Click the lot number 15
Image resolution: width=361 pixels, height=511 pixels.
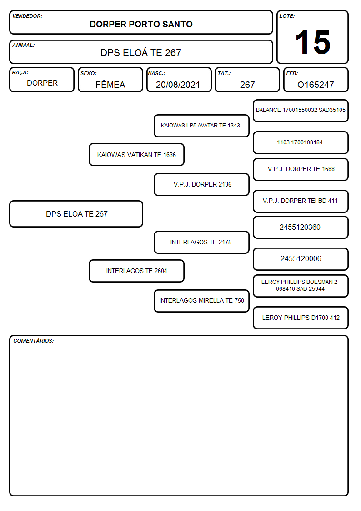(313, 42)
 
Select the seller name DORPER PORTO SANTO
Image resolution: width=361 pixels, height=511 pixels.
(141, 24)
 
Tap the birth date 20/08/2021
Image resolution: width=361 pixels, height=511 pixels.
(178, 85)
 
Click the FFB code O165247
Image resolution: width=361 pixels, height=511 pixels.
(316, 85)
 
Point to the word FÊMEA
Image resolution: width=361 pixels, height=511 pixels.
(110, 84)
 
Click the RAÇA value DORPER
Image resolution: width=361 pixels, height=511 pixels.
(42, 83)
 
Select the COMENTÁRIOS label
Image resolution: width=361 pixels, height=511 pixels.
(34, 341)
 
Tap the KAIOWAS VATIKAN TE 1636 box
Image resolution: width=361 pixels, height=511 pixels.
(137, 154)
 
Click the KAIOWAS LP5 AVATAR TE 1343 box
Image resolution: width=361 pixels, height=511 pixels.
(201, 126)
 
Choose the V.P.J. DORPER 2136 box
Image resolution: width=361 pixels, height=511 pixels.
(201, 184)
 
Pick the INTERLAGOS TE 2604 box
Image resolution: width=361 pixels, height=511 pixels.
(137, 271)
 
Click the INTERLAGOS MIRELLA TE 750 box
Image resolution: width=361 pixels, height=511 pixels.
(201, 301)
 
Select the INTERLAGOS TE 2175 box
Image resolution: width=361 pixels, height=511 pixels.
(201, 242)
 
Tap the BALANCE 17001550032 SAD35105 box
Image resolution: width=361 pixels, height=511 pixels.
(301, 111)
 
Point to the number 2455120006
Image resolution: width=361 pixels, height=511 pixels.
(301, 259)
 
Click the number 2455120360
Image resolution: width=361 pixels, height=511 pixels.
(300, 227)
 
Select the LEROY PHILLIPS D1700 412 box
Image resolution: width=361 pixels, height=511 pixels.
(301, 318)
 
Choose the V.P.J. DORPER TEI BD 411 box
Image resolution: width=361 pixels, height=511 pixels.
(301, 201)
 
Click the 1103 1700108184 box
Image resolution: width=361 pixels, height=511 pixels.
(301, 143)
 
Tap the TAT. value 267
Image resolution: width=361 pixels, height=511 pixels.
(247, 85)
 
